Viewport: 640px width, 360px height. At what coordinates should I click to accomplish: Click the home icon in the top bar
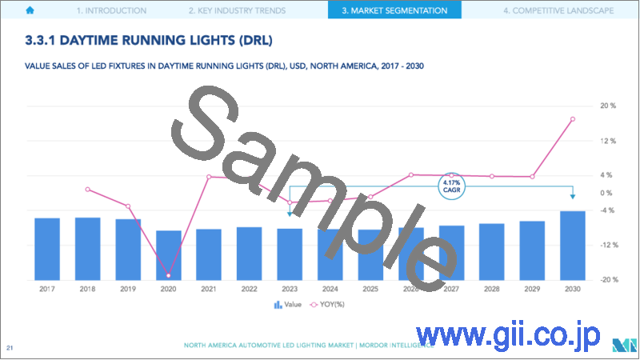click(x=30, y=10)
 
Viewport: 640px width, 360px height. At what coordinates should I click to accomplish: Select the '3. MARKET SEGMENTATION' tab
click(x=394, y=10)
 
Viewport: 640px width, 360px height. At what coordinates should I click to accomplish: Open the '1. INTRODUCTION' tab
click(x=111, y=10)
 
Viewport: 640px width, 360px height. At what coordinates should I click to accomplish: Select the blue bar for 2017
click(x=47, y=249)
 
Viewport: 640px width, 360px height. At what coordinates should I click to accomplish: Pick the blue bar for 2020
click(x=168, y=255)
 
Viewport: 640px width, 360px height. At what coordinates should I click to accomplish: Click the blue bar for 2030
click(x=572, y=245)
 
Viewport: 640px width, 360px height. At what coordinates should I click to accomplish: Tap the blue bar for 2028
click(x=491, y=251)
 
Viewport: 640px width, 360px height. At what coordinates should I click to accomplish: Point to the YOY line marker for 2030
click(x=572, y=119)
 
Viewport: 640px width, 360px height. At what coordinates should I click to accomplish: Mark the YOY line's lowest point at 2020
click(x=168, y=275)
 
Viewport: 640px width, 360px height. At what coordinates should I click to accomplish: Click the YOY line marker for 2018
click(x=87, y=190)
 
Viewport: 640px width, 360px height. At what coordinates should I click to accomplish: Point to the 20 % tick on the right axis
click(x=607, y=106)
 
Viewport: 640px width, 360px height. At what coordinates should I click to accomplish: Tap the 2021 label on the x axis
click(x=209, y=289)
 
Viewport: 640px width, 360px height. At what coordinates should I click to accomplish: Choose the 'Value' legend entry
click(x=288, y=304)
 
